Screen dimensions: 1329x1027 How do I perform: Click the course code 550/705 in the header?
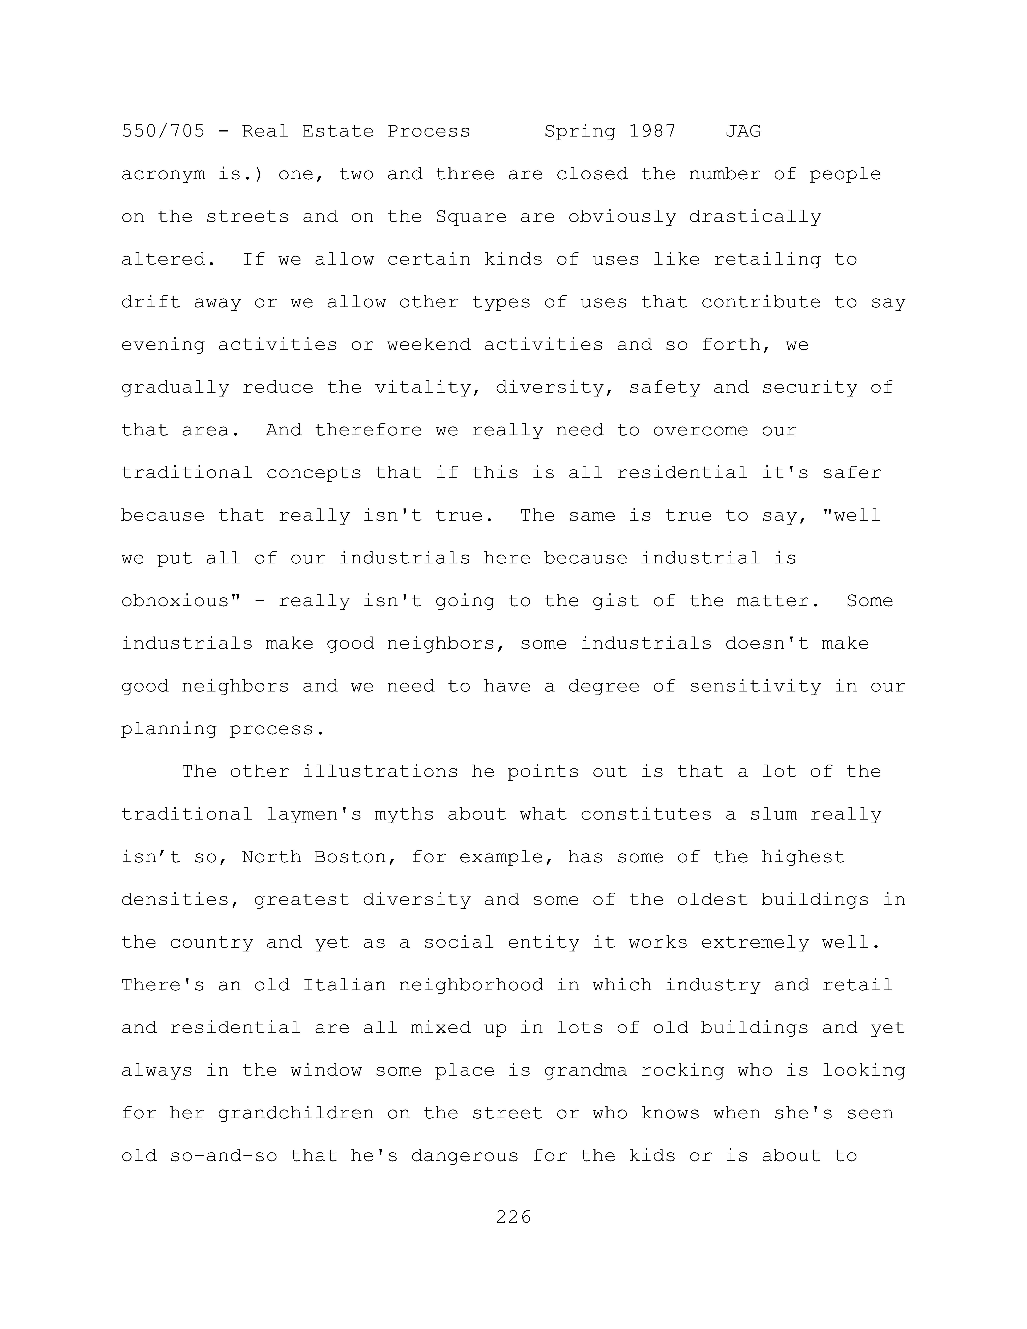(163, 131)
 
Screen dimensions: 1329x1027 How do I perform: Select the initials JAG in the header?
(743, 131)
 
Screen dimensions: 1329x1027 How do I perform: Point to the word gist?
(616, 601)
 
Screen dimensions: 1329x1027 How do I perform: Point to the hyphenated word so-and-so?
(223, 1156)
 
